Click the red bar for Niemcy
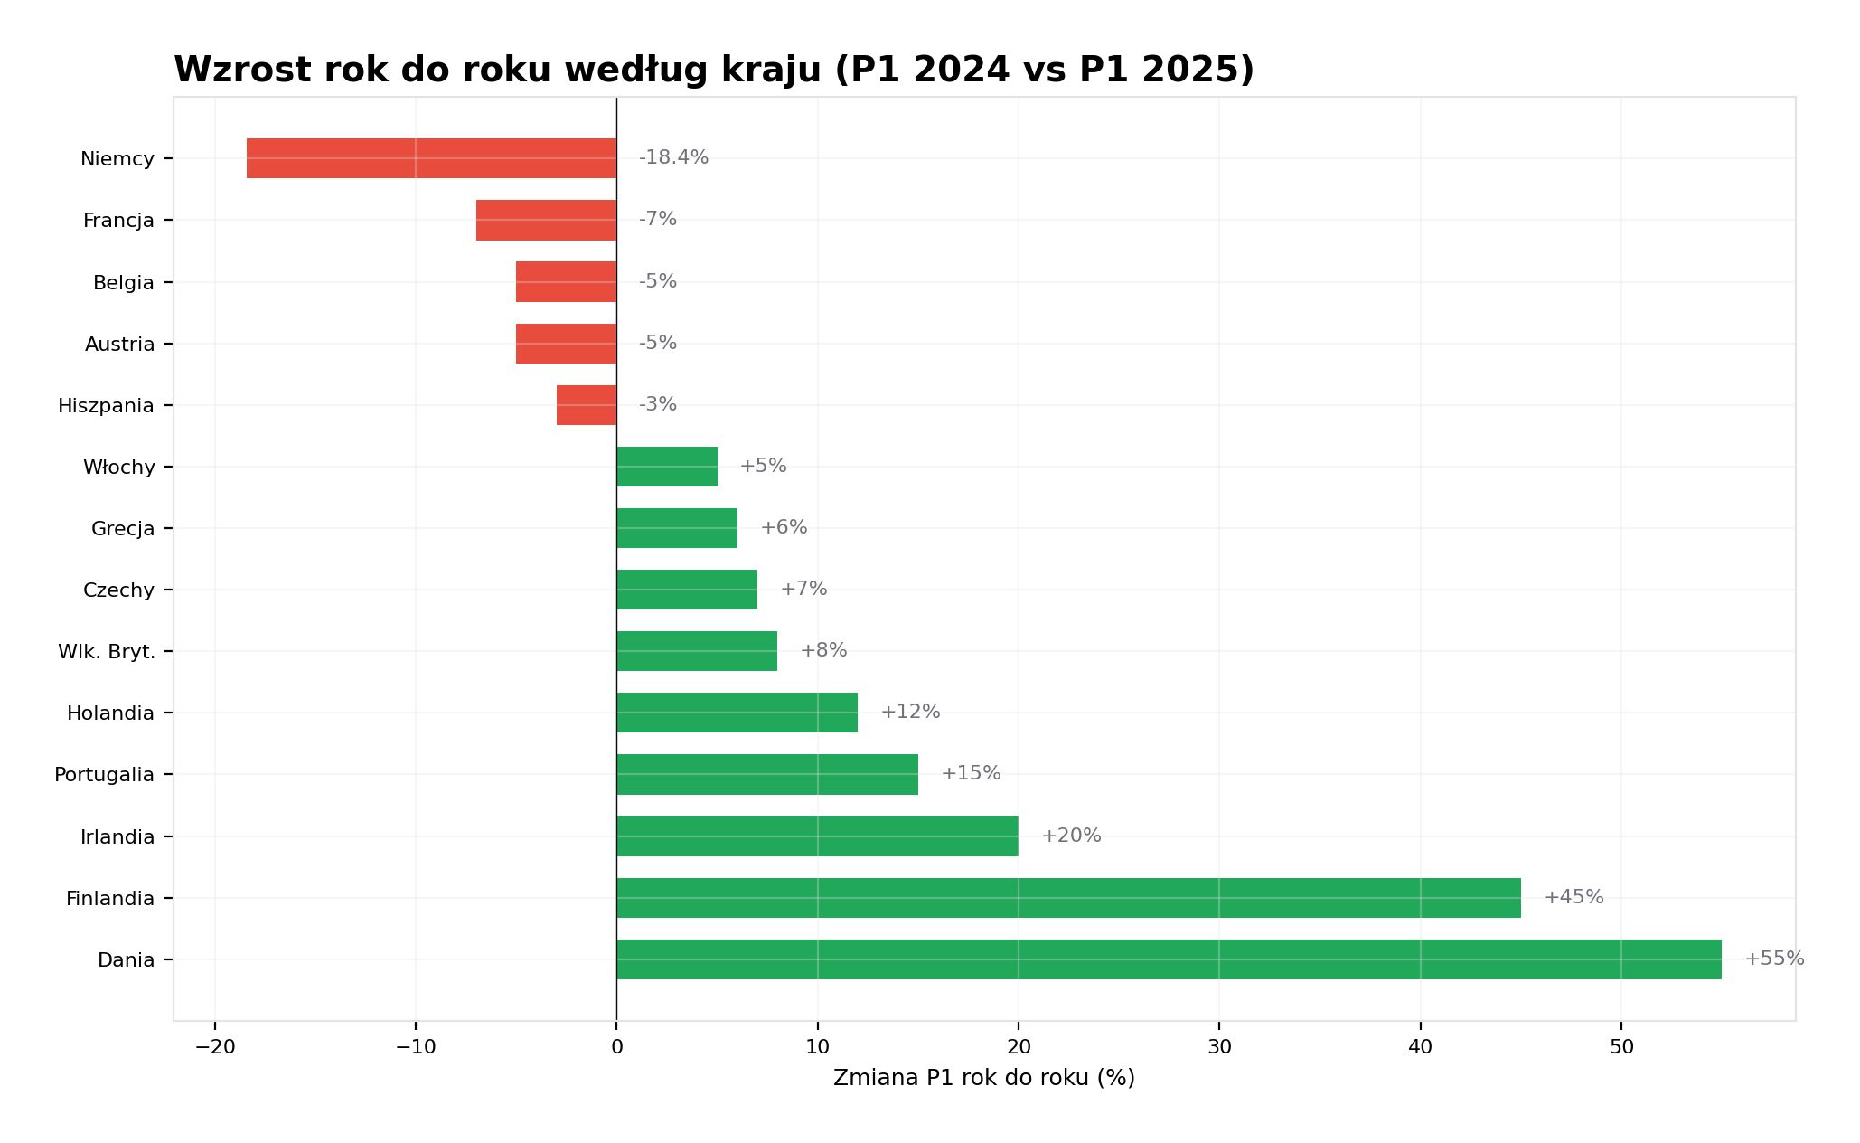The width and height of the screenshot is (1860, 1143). [431, 158]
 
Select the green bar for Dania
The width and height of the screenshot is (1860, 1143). [1169, 959]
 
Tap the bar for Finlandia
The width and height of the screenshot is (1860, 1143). [1068, 898]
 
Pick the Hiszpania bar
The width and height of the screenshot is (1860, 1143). [587, 405]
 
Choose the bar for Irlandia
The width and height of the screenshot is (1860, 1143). [817, 836]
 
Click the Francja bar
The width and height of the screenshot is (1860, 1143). [546, 220]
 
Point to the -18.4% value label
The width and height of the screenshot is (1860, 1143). [673, 157]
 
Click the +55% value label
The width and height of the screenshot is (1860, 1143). [1774, 959]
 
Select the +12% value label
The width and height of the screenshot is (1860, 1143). [910, 712]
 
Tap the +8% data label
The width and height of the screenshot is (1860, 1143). [823, 650]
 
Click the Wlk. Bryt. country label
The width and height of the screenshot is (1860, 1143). [107, 651]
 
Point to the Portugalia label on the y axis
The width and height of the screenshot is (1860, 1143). [104, 775]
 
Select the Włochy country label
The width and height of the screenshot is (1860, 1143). [119, 468]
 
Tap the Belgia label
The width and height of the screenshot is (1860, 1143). [124, 283]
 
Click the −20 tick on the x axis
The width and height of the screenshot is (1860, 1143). [215, 1047]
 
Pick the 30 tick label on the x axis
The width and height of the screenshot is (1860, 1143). [1219, 1047]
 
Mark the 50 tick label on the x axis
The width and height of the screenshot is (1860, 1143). [1621, 1047]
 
